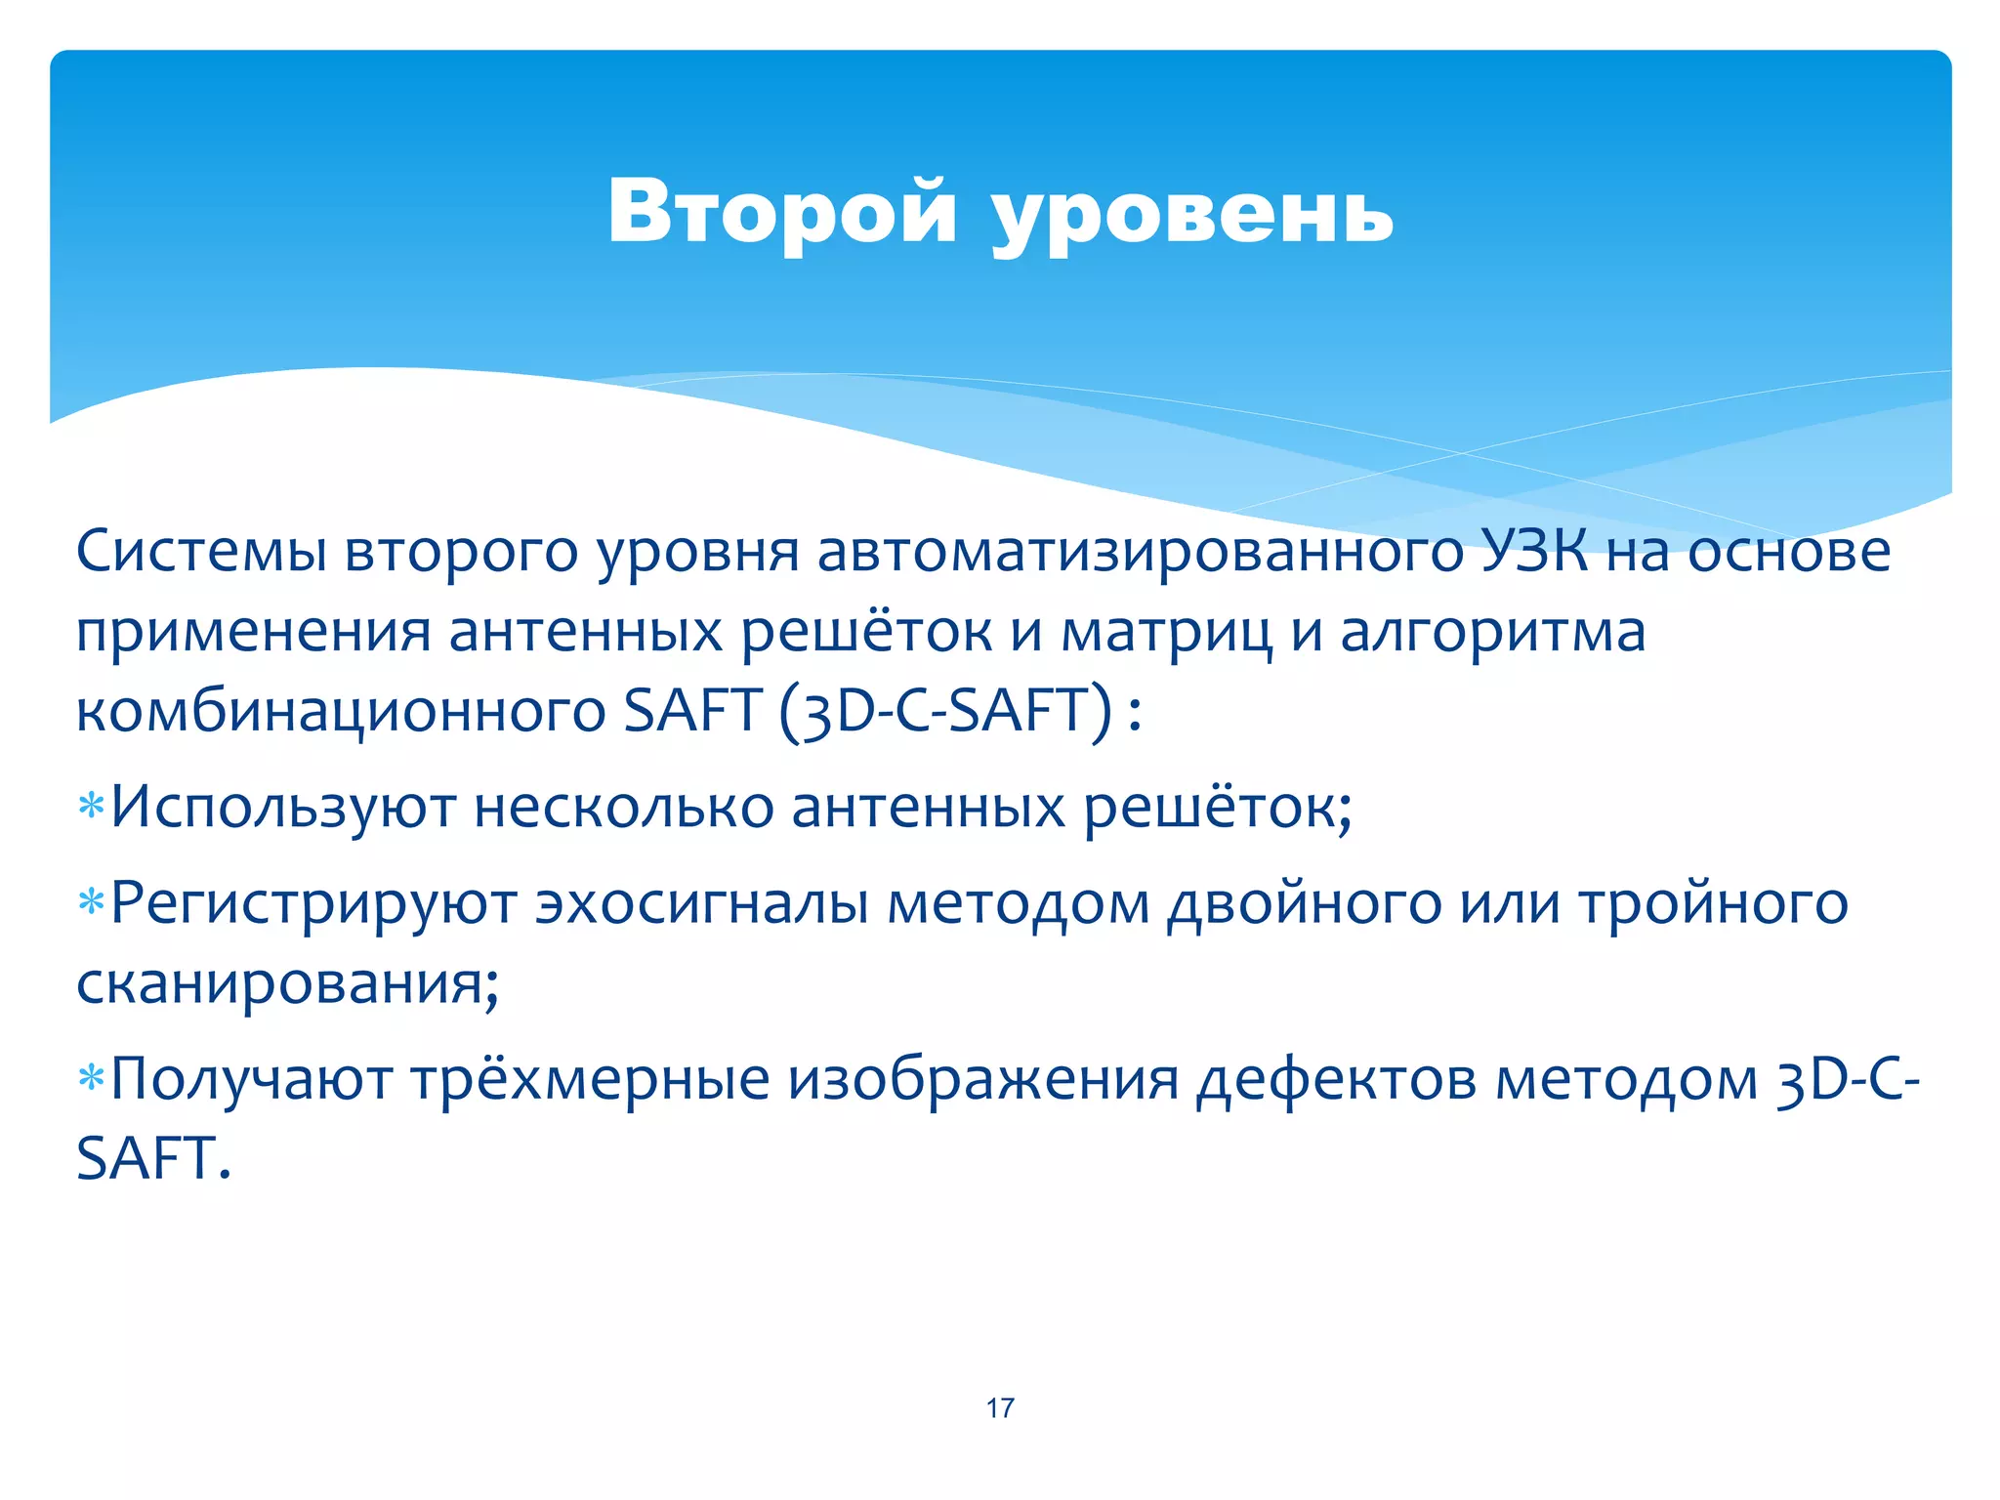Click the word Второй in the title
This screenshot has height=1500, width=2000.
tap(781, 213)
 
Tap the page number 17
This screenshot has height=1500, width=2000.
tap(1000, 1407)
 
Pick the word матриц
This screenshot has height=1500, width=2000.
tap(1167, 633)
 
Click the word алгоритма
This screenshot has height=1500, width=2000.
tap(1493, 633)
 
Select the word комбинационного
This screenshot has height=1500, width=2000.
tap(341, 711)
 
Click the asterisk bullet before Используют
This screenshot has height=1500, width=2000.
tap(91, 809)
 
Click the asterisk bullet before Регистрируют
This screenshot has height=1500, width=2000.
tap(91, 903)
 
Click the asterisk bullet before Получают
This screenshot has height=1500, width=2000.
tap(91, 1080)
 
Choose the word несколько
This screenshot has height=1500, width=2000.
tap(624, 809)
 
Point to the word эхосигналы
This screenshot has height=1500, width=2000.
tap(701, 904)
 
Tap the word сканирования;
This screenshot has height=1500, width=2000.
tap(288, 982)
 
